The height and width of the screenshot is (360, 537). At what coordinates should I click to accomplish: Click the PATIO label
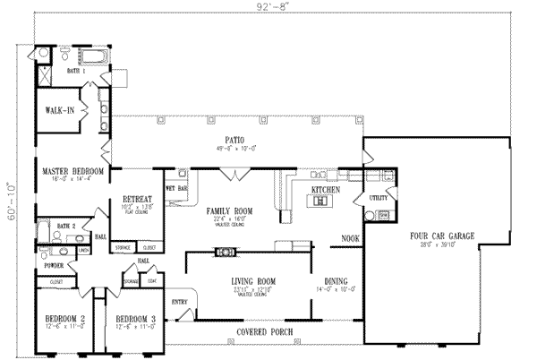tap(235, 141)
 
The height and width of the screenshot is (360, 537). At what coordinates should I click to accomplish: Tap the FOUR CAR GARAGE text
tap(442, 236)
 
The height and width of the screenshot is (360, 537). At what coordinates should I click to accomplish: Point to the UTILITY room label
tap(377, 197)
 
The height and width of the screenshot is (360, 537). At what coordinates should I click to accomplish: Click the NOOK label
tap(351, 238)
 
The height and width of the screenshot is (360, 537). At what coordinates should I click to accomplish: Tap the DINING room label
tap(336, 282)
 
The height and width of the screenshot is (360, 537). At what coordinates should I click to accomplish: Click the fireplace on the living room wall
tap(220, 253)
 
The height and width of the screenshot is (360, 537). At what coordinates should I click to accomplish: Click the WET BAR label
tap(175, 189)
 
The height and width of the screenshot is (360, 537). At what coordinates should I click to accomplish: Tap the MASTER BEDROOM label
tap(73, 171)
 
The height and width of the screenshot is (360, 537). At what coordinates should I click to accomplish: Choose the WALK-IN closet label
tap(59, 111)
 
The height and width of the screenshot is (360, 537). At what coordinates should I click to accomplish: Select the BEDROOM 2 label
tap(64, 319)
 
